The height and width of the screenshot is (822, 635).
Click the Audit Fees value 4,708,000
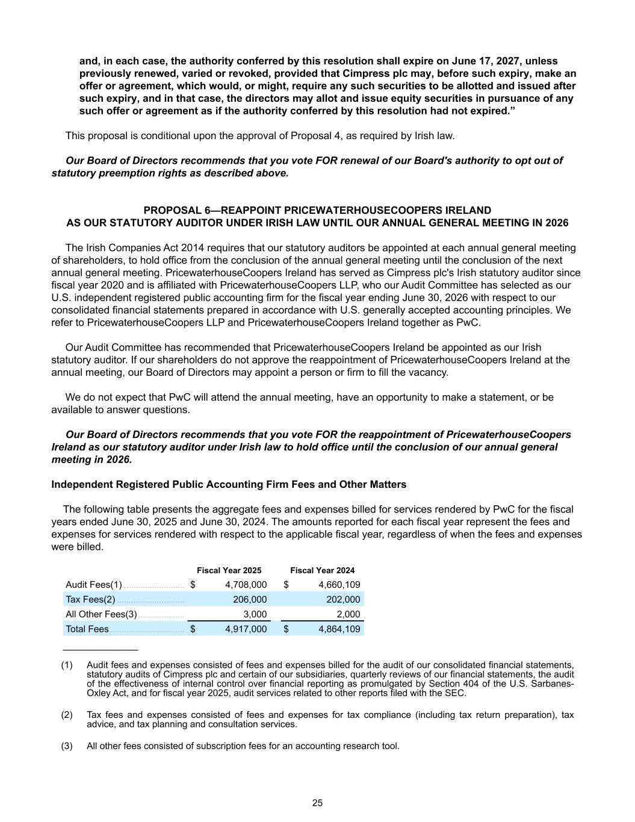click(x=246, y=585)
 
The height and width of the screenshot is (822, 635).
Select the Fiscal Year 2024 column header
click(x=322, y=570)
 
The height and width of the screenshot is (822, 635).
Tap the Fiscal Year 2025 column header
click(x=229, y=570)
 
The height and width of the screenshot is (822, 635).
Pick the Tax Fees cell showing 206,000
click(x=249, y=599)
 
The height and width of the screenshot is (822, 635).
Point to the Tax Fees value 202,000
click(x=342, y=599)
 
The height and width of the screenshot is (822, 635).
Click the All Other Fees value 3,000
click(x=255, y=614)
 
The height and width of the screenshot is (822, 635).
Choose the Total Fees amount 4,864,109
click(x=339, y=629)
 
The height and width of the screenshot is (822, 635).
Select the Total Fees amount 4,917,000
click(x=246, y=629)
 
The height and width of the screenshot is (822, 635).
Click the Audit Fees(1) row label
click(x=93, y=585)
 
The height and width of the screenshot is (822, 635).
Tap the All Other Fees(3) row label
click(x=101, y=614)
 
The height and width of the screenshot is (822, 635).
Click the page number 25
click(x=317, y=803)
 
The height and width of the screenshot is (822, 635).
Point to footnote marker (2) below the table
click(x=67, y=715)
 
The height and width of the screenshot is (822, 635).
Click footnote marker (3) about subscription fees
click(x=67, y=746)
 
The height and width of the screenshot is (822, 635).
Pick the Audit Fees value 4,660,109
click(x=339, y=585)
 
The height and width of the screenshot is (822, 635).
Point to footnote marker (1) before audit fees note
click(x=67, y=665)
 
